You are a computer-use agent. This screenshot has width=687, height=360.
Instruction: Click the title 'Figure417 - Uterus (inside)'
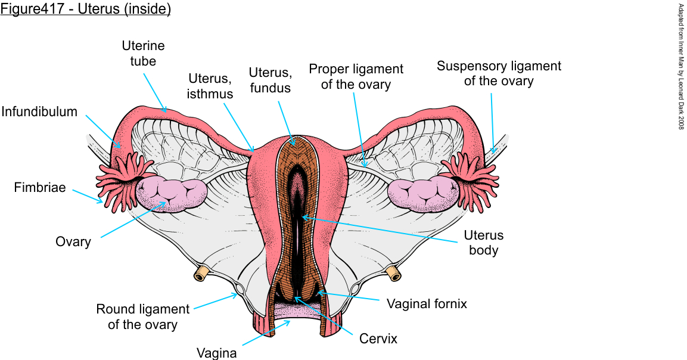86,10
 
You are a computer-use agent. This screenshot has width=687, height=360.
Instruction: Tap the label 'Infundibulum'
39,111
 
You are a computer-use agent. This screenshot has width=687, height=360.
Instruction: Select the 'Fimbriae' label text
40,188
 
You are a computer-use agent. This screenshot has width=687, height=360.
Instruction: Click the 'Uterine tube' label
143,53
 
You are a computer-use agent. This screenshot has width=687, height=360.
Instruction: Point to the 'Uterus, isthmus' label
210,86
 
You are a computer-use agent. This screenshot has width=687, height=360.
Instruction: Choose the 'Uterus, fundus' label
270,80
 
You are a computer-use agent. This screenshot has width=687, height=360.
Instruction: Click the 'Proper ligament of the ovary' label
356,76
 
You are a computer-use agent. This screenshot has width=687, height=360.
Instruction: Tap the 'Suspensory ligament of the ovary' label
499,73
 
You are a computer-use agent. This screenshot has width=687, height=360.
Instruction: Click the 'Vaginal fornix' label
427,303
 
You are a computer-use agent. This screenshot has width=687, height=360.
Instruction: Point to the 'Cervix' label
378,339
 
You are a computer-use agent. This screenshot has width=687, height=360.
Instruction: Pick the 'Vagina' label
217,353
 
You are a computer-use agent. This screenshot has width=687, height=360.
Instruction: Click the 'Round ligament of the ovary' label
143,317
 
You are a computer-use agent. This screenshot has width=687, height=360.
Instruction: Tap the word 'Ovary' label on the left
73,241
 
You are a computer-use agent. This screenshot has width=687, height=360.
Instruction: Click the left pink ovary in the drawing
172,194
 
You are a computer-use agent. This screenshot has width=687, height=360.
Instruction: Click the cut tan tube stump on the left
201,274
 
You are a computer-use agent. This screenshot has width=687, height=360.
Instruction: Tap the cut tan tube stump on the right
393,273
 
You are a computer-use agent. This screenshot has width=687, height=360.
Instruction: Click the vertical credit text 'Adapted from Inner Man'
681,66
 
